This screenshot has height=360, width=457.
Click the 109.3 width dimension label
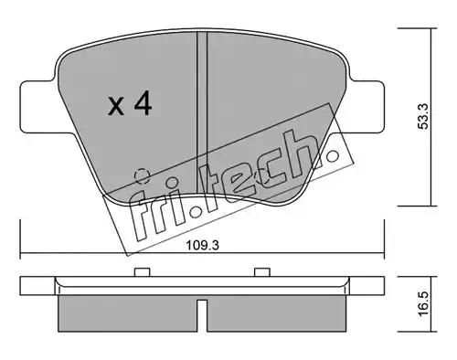(x=203, y=245)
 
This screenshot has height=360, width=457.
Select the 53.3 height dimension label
(x=423, y=116)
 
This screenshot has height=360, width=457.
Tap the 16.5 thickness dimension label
(x=423, y=303)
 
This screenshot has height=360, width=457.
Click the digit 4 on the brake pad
(x=143, y=103)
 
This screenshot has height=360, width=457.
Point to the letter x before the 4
(x=116, y=106)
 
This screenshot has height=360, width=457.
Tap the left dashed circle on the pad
(x=142, y=176)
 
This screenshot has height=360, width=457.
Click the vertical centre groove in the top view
(x=202, y=112)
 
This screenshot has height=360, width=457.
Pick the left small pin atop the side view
(x=143, y=272)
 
